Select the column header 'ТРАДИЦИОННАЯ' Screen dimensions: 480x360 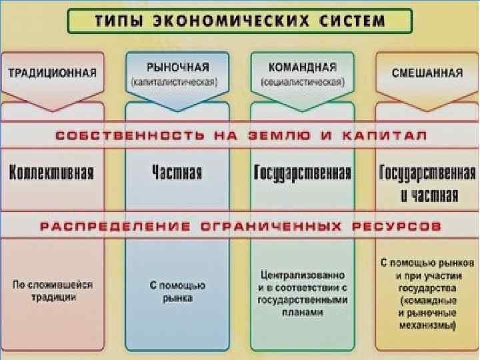tap(52, 72)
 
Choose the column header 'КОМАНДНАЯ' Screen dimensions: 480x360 tap(302, 67)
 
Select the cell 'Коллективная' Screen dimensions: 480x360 tap(51, 173)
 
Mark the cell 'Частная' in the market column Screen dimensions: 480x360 tap(177, 173)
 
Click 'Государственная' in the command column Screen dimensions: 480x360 tap(302, 173)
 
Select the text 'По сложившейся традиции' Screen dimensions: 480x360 tap(53, 291)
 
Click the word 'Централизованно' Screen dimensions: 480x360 tap(302, 275)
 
